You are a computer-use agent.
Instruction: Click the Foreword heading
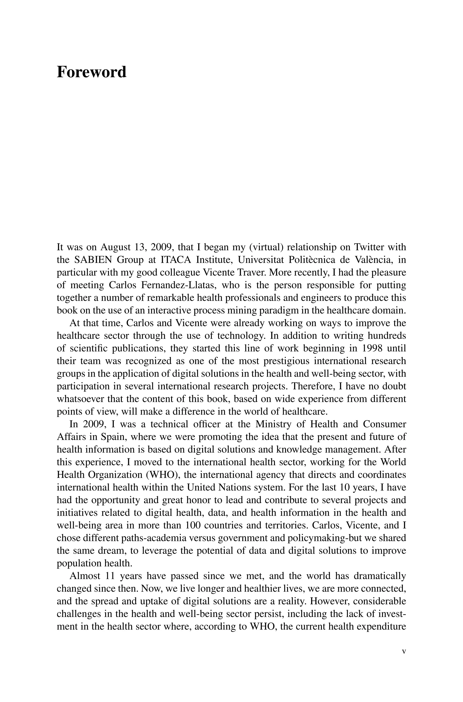tap(91, 72)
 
